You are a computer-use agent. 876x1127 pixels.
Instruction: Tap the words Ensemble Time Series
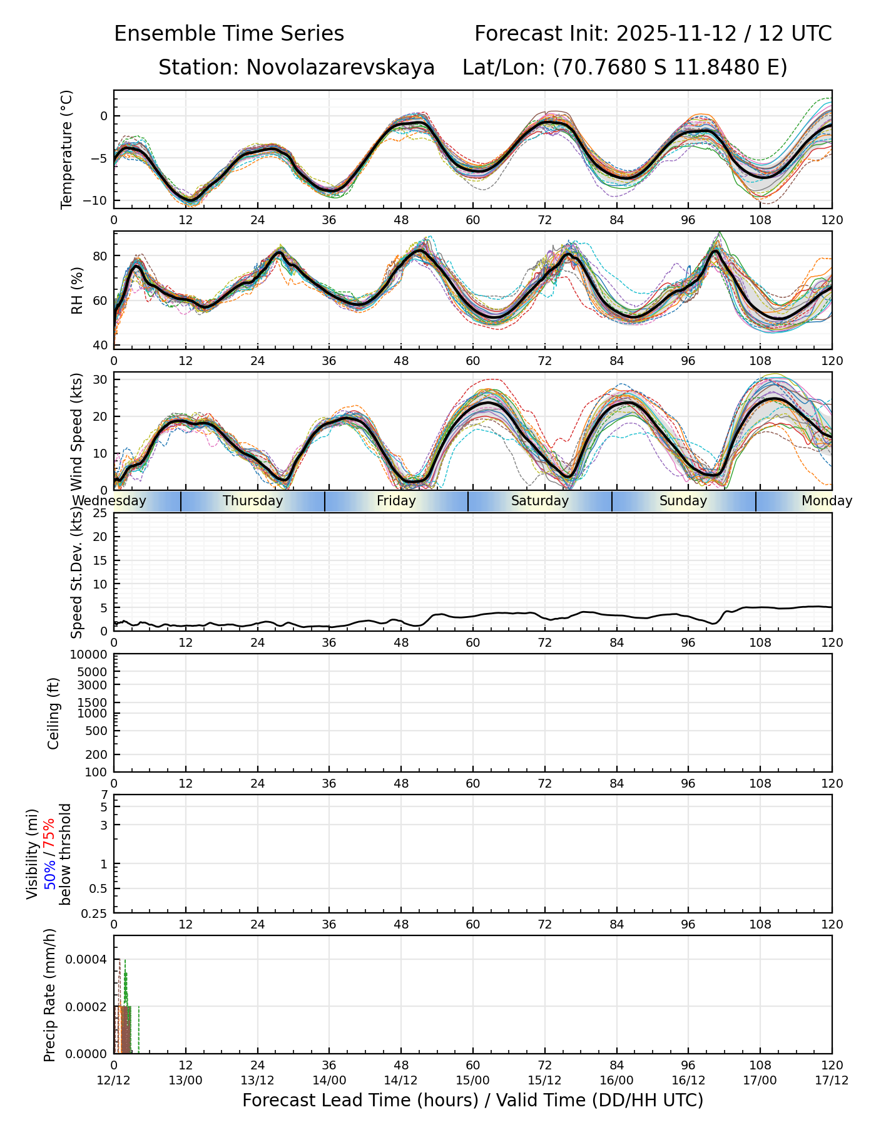click(229, 34)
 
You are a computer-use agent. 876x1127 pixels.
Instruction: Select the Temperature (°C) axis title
click(66, 149)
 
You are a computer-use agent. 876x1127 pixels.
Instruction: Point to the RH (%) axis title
click(77, 290)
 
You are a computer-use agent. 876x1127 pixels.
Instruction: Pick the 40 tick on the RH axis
click(101, 345)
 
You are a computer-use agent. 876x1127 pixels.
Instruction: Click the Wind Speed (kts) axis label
click(77, 431)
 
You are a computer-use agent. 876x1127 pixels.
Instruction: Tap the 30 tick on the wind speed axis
click(101, 379)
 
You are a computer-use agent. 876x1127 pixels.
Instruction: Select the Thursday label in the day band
click(253, 501)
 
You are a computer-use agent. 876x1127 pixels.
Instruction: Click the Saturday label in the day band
click(540, 501)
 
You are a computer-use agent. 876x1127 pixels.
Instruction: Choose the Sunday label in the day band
click(683, 501)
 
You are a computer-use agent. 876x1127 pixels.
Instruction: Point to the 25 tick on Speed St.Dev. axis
click(101, 513)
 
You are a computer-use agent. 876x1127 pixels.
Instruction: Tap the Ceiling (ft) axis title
click(54, 713)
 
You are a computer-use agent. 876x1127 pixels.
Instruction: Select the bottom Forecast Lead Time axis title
click(472, 1100)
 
